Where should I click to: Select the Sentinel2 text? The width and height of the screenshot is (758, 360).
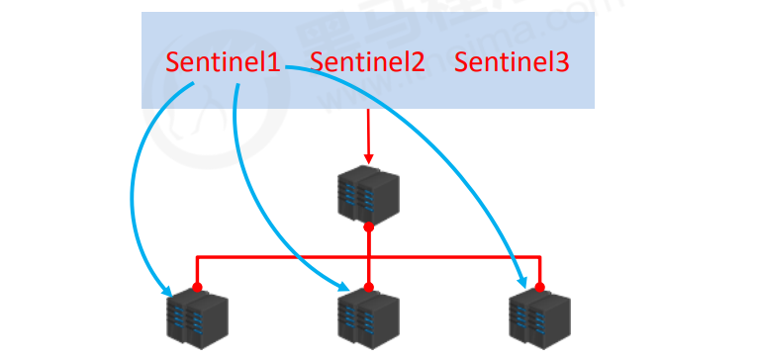[368, 62]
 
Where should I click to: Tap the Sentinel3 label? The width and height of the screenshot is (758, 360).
[512, 62]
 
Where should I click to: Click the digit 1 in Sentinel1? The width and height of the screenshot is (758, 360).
[276, 62]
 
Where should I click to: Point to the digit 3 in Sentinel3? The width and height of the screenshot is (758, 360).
[562, 62]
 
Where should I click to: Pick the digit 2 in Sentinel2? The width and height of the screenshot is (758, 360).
[419, 62]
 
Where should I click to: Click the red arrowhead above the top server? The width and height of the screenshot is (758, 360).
[368, 158]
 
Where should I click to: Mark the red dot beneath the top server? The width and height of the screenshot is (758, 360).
[368, 227]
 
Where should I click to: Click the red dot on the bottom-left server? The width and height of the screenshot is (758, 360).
[197, 288]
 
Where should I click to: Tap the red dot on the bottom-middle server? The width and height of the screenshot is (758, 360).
[368, 288]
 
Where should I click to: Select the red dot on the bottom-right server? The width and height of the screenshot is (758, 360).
[540, 287]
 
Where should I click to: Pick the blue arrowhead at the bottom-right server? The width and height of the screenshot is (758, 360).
[520, 283]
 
